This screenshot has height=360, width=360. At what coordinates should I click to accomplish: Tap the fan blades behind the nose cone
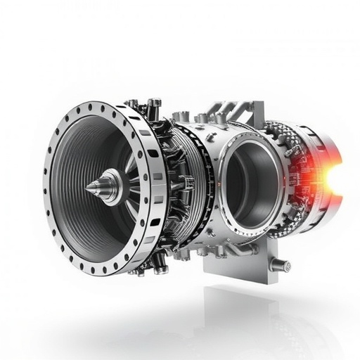tap(131, 169)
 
